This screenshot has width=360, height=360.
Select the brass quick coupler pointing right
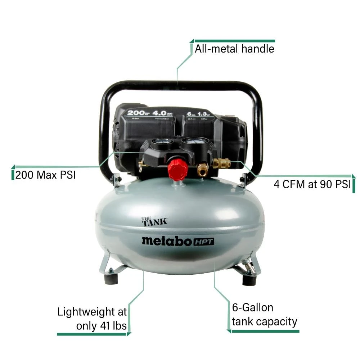click(x=221, y=164)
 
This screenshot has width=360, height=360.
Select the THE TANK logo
click(x=154, y=221)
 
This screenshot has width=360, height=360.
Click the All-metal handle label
click(x=234, y=49)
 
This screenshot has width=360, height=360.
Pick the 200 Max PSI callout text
click(x=46, y=175)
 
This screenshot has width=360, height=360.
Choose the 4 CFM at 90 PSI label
click(x=312, y=184)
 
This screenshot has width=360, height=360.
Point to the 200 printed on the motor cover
click(x=135, y=113)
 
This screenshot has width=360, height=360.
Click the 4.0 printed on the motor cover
click(x=160, y=113)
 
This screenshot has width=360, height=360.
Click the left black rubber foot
click(x=109, y=278)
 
